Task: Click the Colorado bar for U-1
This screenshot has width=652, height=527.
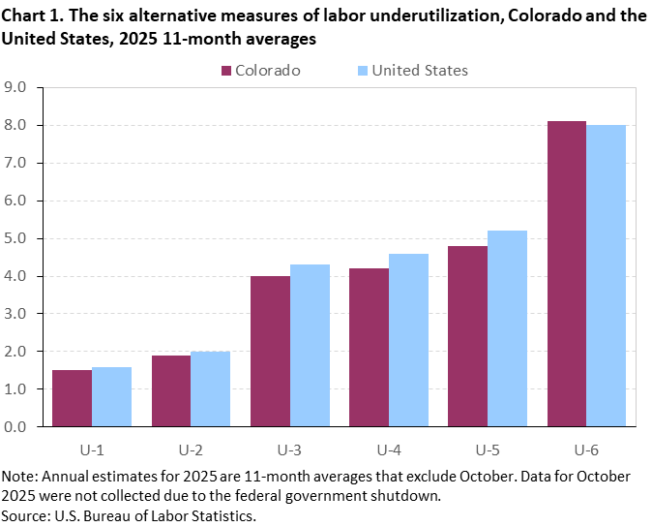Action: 73,398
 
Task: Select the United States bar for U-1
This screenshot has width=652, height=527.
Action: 111,397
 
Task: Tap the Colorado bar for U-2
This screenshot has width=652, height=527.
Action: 171,390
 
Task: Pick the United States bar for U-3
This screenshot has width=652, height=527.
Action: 310,346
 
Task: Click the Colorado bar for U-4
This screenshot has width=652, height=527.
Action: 369,347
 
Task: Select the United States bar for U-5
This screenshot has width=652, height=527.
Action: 507,328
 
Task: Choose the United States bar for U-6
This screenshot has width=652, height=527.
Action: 607,275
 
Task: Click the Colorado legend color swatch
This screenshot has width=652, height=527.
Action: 227,71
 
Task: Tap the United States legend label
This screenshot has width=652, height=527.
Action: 419,71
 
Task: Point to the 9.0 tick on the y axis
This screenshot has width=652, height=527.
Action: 22,87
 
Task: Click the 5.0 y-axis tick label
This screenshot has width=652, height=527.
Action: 22,238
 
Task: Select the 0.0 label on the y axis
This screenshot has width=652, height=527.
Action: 22,426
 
